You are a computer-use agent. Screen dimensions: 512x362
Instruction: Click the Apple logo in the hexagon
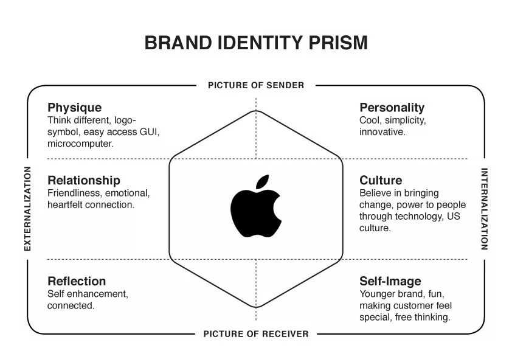pos(255,210)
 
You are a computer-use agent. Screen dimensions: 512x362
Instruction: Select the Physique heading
pos(75,108)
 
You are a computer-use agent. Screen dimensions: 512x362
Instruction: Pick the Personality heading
pos(392,108)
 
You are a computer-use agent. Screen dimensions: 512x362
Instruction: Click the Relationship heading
pos(84,180)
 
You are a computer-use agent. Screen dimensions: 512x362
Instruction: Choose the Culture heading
pos(381,180)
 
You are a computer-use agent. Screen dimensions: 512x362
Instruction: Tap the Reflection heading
pos(77,281)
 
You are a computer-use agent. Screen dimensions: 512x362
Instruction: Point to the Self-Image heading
pos(390,281)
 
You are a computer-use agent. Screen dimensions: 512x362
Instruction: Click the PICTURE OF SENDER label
pos(256,85)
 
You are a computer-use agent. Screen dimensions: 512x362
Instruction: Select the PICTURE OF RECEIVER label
pos(256,333)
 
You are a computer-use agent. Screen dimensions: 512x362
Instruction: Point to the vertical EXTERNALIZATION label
pos(27,209)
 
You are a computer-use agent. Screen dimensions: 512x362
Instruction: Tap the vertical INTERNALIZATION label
pos(485,209)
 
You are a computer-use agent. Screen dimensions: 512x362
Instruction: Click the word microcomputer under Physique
pos(81,144)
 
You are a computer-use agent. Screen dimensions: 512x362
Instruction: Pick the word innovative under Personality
pos(382,132)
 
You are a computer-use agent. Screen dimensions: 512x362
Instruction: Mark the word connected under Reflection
pos(71,305)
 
